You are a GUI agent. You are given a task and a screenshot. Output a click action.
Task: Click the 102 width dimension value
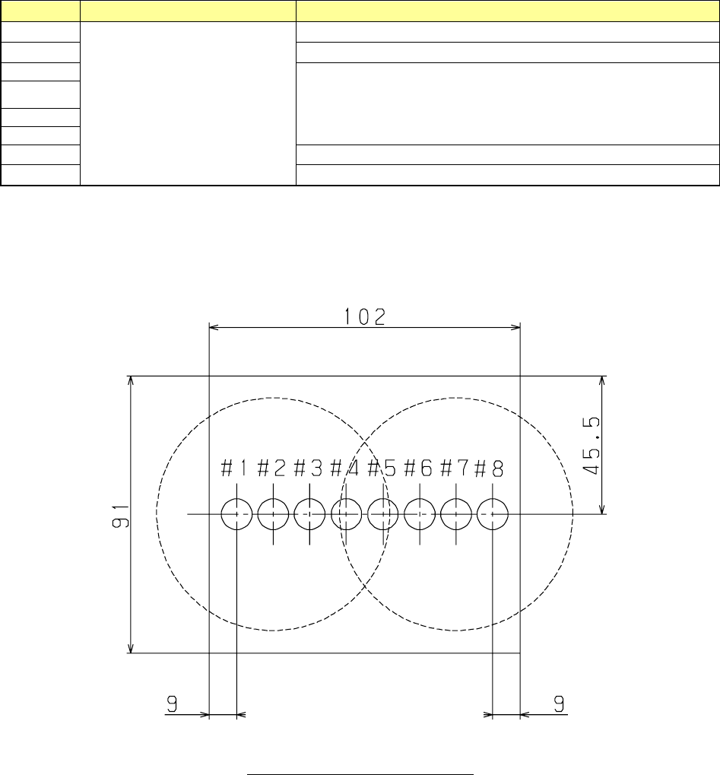coord(364,317)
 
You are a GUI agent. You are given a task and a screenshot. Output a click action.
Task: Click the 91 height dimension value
coord(121,516)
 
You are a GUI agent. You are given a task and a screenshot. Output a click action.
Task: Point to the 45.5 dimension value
coord(592,446)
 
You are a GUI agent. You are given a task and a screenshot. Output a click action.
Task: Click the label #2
coord(271,468)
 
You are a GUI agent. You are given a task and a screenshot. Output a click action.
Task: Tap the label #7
coord(454,468)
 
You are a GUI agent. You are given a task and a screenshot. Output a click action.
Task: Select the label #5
coord(382,468)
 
